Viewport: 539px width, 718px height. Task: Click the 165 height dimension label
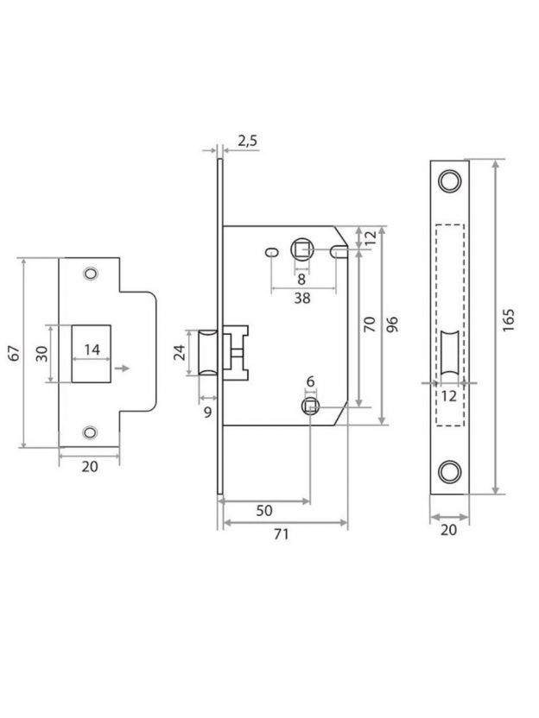pyautogui.click(x=508, y=320)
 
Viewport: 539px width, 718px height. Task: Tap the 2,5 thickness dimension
pyautogui.click(x=248, y=142)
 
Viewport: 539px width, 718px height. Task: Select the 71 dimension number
pyautogui.click(x=282, y=534)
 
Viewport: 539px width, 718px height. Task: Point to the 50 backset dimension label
pyautogui.click(x=264, y=510)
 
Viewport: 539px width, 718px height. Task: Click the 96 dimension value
pyautogui.click(x=392, y=324)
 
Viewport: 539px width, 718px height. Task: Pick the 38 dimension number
pyautogui.click(x=302, y=298)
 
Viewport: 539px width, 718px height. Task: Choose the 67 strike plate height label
pyautogui.click(x=15, y=353)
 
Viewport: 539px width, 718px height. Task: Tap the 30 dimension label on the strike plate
pyautogui.click(x=41, y=353)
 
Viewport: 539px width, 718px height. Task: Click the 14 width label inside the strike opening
pyautogui.click(x=92, y=350)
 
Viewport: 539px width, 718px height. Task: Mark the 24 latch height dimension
pyautogui.click(x=181, y=353)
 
